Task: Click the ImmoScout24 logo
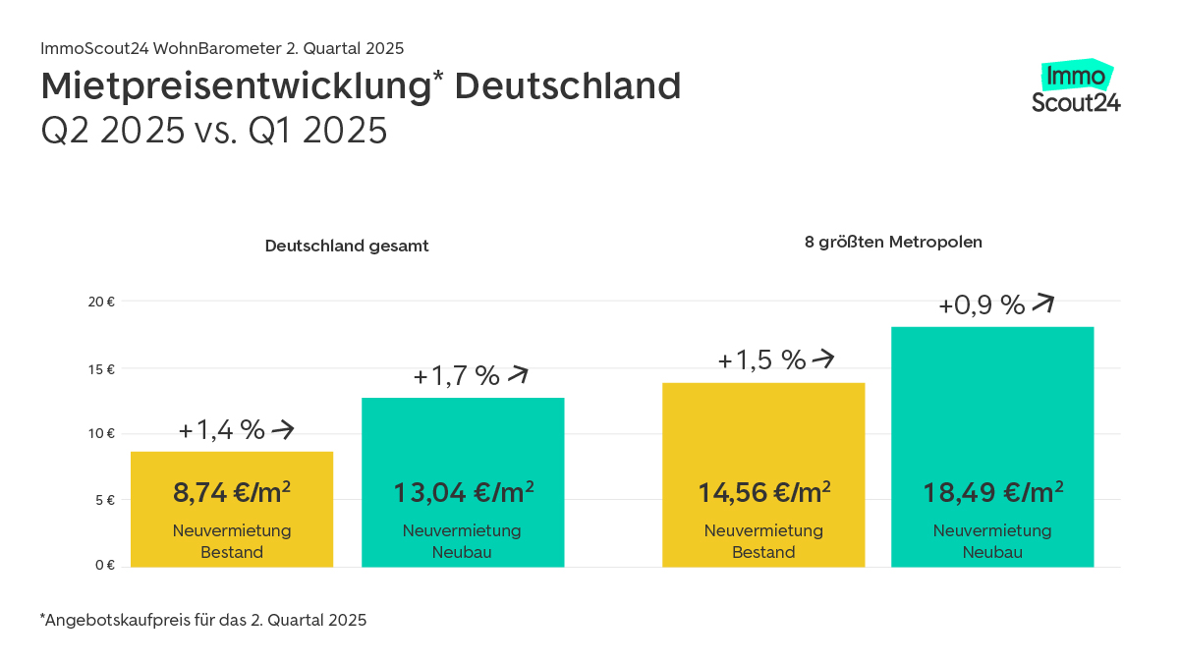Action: click(1076, 88)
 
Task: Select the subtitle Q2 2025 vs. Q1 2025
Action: click(214, 131)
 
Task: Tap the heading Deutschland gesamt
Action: click(347, 247)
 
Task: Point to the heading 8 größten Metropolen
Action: click(893, 241)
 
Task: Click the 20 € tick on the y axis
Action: click(101, 303)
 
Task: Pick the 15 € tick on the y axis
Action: click(102, 370)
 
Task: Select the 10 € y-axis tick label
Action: click(102, 434)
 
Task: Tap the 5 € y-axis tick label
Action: click(105, 500)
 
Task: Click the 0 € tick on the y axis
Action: click(105, 565)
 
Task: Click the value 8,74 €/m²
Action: click(232, 492)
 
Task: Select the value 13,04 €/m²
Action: click(463, 491)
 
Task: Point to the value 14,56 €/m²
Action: click(763, 491)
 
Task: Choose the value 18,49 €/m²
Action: click(992, 491)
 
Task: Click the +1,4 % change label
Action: click(222, 429)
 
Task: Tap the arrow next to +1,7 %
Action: click(518, 375)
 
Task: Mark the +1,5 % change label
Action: click(761, 360)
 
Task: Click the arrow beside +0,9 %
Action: click(1042, 304)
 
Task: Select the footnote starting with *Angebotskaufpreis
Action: click(203, 620)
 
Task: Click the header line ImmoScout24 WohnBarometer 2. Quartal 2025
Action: click(222, 48)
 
